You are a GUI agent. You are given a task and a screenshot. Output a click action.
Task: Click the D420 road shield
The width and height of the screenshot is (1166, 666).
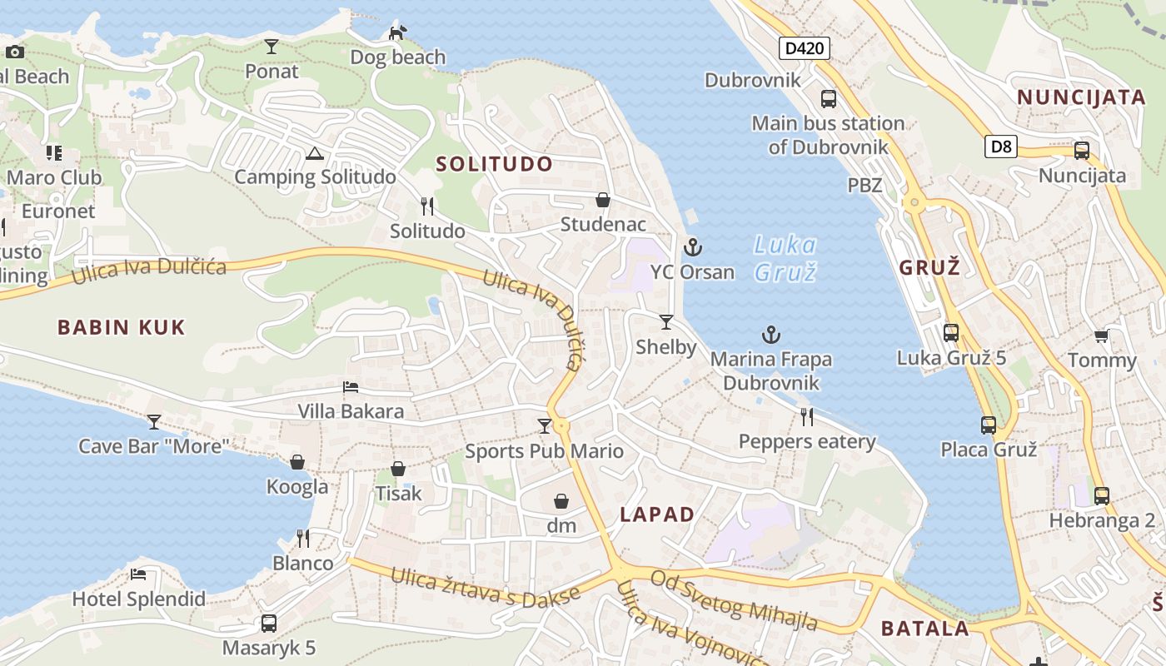[805, 48]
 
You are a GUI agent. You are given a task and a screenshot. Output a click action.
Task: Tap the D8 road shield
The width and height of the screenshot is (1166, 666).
[1001, 147]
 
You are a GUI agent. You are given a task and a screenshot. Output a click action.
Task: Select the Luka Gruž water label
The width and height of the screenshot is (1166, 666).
[785, 258]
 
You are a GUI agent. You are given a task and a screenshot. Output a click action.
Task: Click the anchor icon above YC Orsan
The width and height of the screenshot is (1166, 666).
[693, 247]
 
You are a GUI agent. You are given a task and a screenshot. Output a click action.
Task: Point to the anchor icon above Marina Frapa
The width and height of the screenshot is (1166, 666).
[771, 335]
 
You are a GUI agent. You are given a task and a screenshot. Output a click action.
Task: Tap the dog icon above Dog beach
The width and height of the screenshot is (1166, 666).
[398, 32]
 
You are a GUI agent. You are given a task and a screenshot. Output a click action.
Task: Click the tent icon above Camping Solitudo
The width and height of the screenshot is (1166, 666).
[314, 153]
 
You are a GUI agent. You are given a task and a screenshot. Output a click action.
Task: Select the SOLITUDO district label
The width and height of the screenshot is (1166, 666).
[495, 164]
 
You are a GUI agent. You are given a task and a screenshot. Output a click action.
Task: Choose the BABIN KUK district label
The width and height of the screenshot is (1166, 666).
[122, 327]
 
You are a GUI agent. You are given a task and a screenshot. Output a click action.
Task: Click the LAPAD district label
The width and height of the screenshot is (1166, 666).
[657, 514]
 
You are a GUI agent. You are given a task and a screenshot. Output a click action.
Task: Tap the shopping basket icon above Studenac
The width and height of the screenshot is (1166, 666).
[603, 200]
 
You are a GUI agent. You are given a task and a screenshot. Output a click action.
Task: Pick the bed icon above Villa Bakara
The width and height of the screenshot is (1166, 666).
[351, 387]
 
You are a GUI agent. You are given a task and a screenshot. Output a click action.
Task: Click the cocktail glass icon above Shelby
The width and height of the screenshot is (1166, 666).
[665, 322]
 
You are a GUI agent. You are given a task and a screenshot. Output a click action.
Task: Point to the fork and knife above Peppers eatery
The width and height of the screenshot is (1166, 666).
[806, 416]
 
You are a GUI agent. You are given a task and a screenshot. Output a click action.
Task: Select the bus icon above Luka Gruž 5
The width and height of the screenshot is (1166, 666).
[951, 333]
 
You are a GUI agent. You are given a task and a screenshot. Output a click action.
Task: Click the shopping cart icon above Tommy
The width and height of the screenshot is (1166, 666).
[1101, 336]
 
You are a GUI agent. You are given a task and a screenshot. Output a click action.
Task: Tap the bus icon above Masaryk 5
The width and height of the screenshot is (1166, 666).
[268, 623]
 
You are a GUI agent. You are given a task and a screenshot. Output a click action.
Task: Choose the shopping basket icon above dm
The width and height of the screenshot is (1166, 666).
[561, 501]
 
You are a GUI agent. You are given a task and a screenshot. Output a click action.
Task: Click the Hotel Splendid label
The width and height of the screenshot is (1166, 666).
[138, 599]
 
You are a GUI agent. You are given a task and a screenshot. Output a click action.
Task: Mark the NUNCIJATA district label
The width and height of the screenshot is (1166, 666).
[1081, 97]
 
